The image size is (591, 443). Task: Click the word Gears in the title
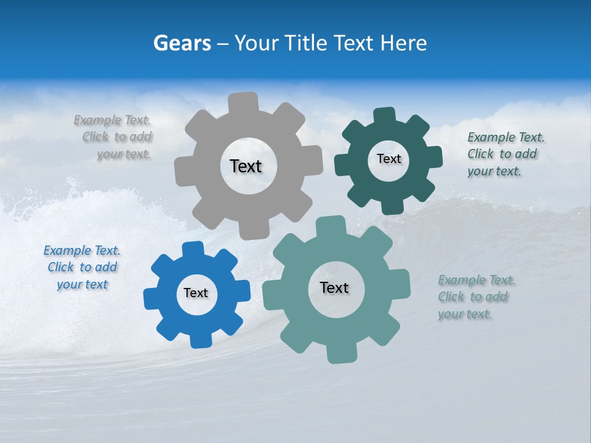(182, 43)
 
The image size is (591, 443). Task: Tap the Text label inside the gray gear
(246, 166)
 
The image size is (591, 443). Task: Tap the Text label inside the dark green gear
(388, 159)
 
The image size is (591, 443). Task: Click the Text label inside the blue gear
(196, 293)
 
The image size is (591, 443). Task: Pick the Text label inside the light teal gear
(334, 287)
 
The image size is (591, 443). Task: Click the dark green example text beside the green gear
(505, 154)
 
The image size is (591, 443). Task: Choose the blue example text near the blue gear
(82, 267)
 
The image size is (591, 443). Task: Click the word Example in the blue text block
(66, 250)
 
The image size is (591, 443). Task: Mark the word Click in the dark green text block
(481, 154)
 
